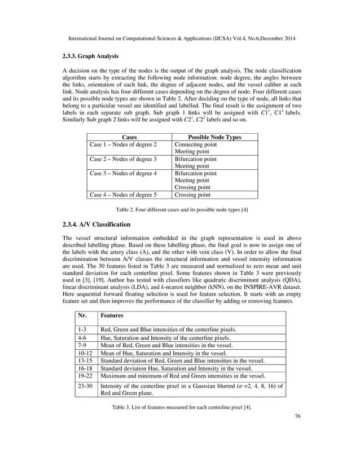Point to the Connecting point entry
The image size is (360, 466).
tap(195, 145)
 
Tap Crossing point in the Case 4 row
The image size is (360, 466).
tap(192, 195)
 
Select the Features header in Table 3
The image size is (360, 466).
tap(113, 316)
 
